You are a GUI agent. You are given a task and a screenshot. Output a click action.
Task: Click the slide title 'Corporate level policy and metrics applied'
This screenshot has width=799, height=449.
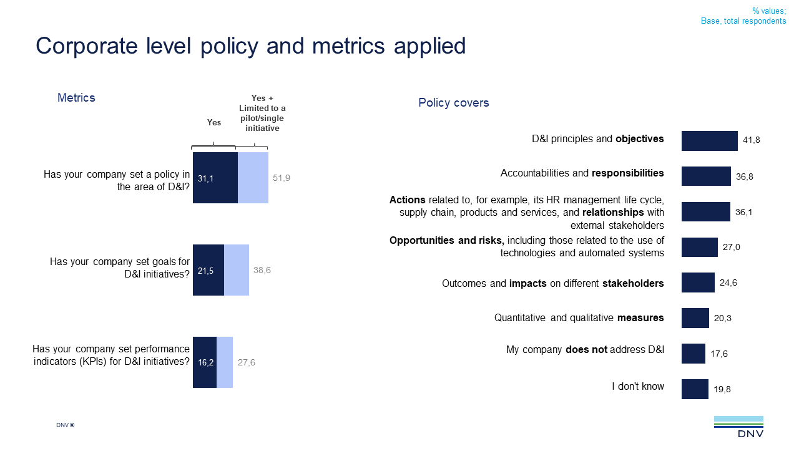(x=251, y=46)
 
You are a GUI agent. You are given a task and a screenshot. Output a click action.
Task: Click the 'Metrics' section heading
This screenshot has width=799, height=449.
(x=76, y=98)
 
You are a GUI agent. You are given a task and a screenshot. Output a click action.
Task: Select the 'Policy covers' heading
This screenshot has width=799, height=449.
(x=454, y=103)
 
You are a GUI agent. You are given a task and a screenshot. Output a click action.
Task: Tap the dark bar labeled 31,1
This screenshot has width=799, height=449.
(x=215, y=178)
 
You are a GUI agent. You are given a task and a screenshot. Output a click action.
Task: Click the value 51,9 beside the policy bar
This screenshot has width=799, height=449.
(x=282, y=178)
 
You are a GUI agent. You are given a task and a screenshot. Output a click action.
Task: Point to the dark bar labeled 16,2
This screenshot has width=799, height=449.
(x=205, y=362)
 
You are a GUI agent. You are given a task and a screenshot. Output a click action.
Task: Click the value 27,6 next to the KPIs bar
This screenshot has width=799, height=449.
(x=246, y=362)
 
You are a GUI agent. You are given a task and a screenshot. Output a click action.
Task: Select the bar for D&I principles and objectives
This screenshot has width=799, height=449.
(x=709, y=140)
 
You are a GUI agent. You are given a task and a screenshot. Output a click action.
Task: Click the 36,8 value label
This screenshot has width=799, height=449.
(x=744, y=176)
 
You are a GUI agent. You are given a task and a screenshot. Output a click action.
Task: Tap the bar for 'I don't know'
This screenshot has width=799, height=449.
(x=695, y=389)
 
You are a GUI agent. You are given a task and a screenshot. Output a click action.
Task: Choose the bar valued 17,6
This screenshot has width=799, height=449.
(x=693, y=354)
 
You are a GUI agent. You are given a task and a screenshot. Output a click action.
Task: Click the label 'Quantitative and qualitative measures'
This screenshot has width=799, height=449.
(x=579, y=318)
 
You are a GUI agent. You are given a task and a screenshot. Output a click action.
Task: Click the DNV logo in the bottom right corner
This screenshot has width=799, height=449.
(x=738, y=427)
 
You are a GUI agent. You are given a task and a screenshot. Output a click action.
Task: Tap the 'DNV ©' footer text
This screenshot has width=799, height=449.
(x=66, y=425)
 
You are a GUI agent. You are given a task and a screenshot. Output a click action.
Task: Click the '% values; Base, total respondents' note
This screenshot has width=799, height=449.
(x=743, y=16)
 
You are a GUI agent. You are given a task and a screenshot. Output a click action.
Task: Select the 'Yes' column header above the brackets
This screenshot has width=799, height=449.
(x=214, y=123)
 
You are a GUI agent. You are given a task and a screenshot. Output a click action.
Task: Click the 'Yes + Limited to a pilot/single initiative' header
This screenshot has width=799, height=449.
(x=262, y=113)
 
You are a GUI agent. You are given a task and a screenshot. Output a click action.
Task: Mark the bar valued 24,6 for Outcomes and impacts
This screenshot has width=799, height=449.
(x=698, y=282)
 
